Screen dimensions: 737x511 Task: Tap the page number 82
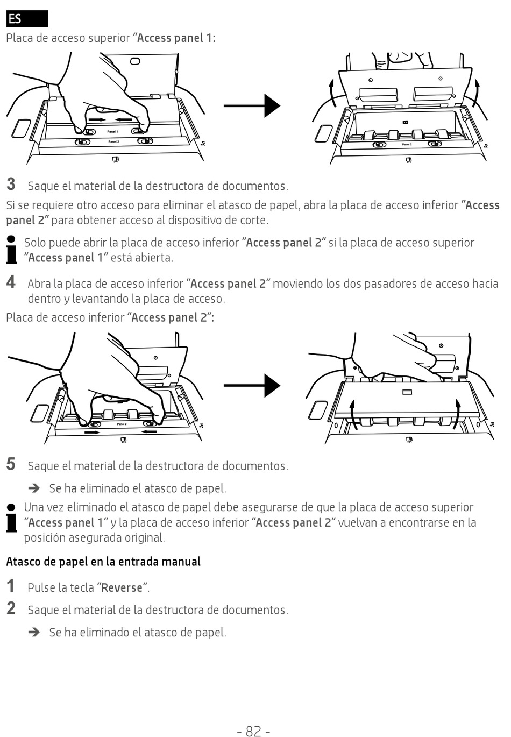pyautogui.click(x=253, y=730)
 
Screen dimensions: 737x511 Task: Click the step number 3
pyautogui.click(x=11, y=184)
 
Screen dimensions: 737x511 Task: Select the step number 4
pyautogui.click(x=11, y=282)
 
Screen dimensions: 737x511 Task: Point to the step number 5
pyautogui.click(x=11, y=464)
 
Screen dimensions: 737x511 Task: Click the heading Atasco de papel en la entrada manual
pyautogui.click(x=103, y=562)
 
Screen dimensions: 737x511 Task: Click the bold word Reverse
pyautogui.click(x=122, y=587)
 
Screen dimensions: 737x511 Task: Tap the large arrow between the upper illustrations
pyautogui.click(x=252, y=105)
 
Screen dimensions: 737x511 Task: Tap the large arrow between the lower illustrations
pyautogui.click(x=252, y=385)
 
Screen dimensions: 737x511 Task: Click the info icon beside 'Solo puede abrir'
pyautogui.click(x=11, y=250)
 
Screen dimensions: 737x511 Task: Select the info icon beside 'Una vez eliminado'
pyautogui.click(x=11, y=518)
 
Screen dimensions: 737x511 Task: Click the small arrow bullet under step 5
pyautogui.click(x=34, y=488)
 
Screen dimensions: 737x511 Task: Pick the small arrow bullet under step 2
pyautogui.click(x=34, y=633)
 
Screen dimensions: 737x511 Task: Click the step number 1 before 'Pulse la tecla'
pyautogui.click(x=11, y=586)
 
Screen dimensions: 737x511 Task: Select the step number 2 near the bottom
pyautogui.click(x=11, y=608)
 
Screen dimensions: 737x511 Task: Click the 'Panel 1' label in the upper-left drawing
pyautogui.click(x=112, y=132)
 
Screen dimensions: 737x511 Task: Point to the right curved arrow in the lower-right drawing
pyautogui.click(x=458, y=414)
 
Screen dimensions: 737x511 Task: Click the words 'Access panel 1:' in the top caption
pyautogui.click(x=176, y=38)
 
